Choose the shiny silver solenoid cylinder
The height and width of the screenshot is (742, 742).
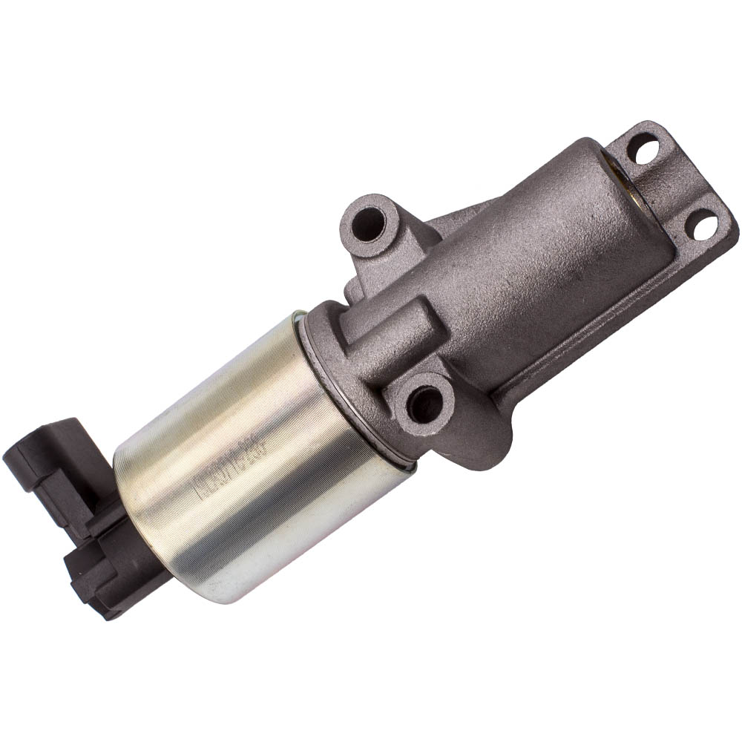(252, 460)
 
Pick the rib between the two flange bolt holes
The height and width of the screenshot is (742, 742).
(672, 185)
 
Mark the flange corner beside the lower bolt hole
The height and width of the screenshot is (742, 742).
(723, 237)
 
